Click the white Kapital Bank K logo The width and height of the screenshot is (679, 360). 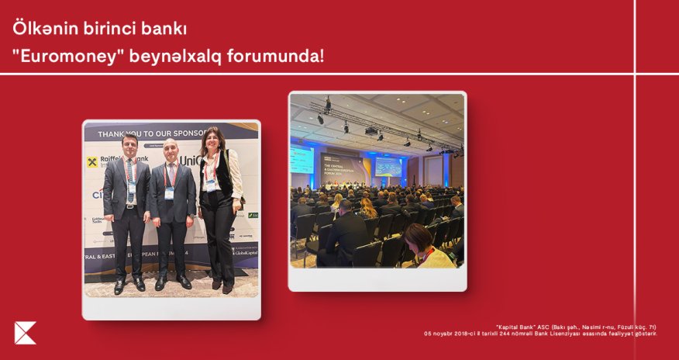(x=25, y=333)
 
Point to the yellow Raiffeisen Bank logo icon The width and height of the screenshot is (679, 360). (x=92, y=162)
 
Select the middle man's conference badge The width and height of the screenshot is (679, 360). (x=169, y=192)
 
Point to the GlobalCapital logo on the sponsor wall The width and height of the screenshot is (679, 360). (x=246, y=253)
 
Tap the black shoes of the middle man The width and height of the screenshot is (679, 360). (x=171, y=282)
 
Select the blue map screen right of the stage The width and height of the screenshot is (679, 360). (x=388, y=166)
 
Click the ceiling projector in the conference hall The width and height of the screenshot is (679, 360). (x=371, y=130)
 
